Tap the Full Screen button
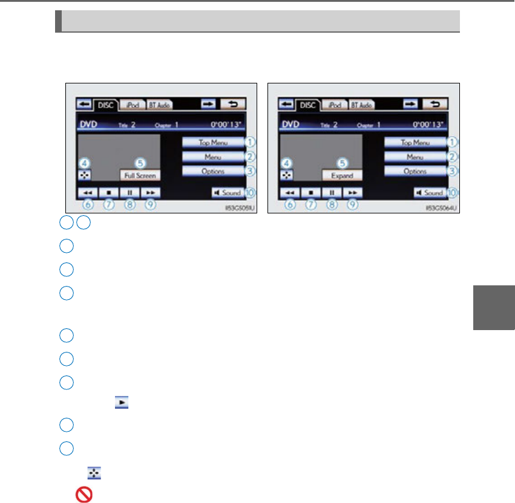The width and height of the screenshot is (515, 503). click(140, 176)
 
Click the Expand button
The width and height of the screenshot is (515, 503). click(342, 176)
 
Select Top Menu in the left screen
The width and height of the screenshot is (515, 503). click(212, 143)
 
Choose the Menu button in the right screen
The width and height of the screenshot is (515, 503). click(415, 157)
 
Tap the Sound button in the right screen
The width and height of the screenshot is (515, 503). click(430, 193)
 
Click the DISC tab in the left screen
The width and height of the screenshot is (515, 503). click(105, 105)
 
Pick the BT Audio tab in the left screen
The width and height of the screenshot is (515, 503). click(160, 105)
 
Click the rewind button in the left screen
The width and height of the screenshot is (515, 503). click(87, 193)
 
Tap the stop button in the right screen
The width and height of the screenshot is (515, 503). click(310, 193)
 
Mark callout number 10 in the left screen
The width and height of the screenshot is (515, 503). click(249, 193)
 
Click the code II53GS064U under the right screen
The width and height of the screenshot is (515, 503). click(438, 207)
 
